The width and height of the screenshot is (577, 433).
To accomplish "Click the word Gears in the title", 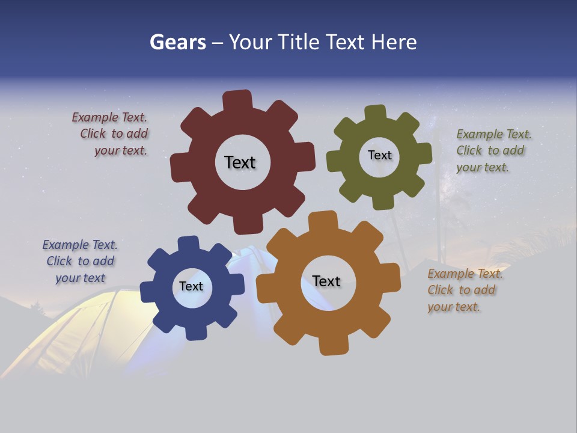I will (177, 42).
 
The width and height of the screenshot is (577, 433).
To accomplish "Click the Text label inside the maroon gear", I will (240, 162).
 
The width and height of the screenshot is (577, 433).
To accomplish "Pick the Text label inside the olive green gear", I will (379, 155).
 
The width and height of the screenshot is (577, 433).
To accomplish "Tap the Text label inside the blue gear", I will (191, 286).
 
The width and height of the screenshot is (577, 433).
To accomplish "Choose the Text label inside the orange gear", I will (326, 281).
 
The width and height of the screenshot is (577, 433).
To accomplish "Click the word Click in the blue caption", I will (60, 261).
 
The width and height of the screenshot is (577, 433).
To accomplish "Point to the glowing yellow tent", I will (78, 331).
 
